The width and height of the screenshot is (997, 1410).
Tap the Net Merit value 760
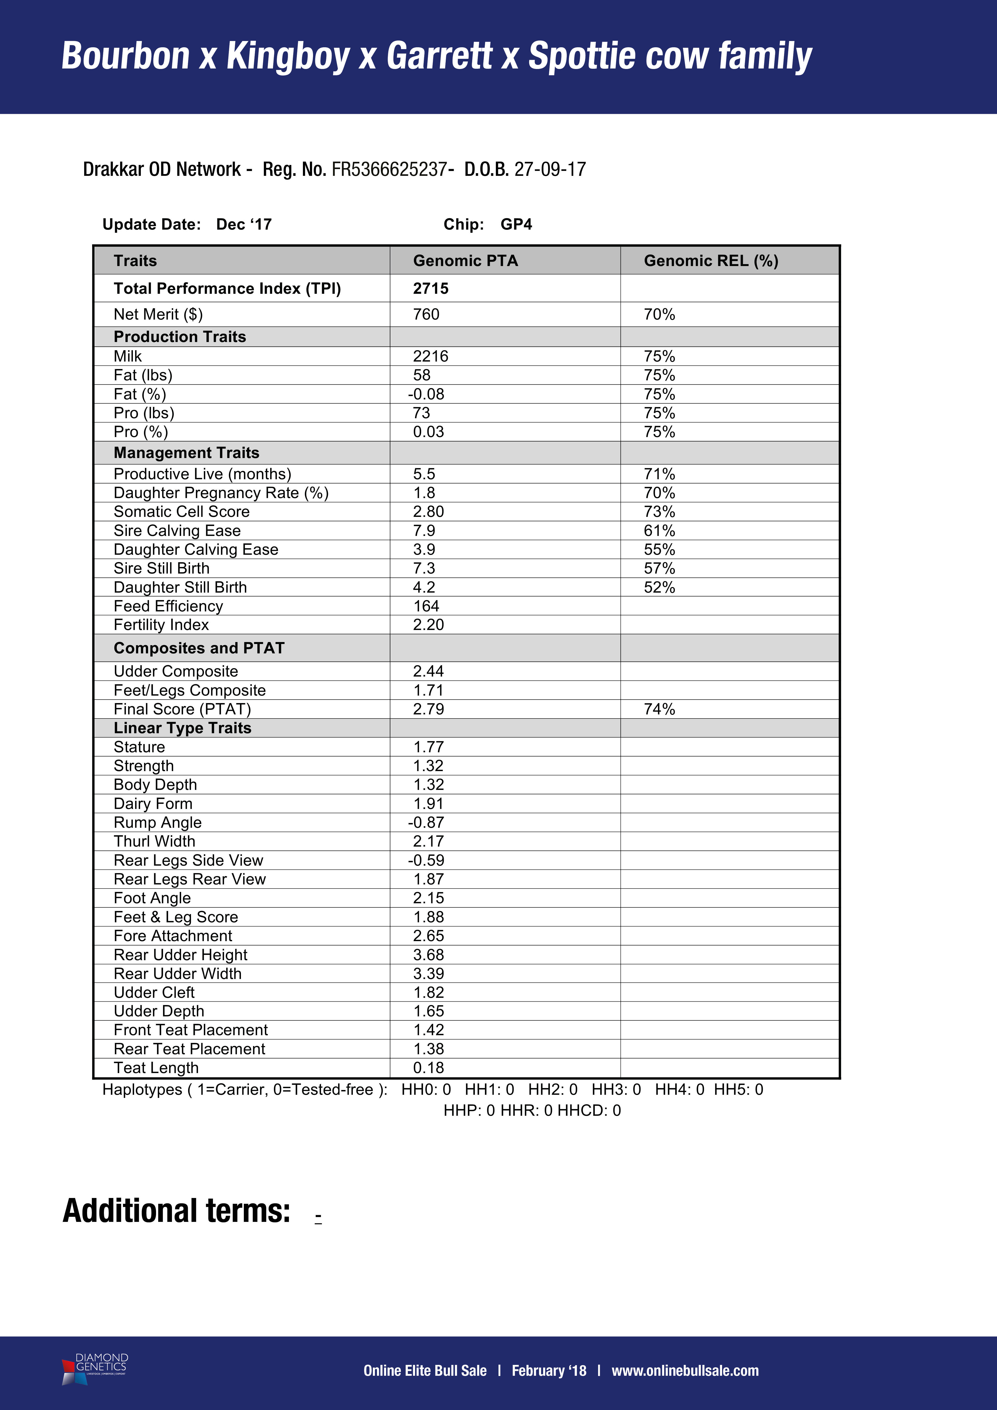pos(426,315)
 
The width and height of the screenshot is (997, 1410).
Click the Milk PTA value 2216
pos(430,356)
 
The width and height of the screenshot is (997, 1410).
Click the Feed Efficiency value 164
pos(426,606)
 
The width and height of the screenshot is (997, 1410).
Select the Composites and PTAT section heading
pos(199,648)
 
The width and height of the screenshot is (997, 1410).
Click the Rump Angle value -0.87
pos(426,822)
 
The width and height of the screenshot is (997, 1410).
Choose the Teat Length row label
pos(156,1068)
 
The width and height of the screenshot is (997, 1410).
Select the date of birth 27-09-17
pos(550,170)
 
